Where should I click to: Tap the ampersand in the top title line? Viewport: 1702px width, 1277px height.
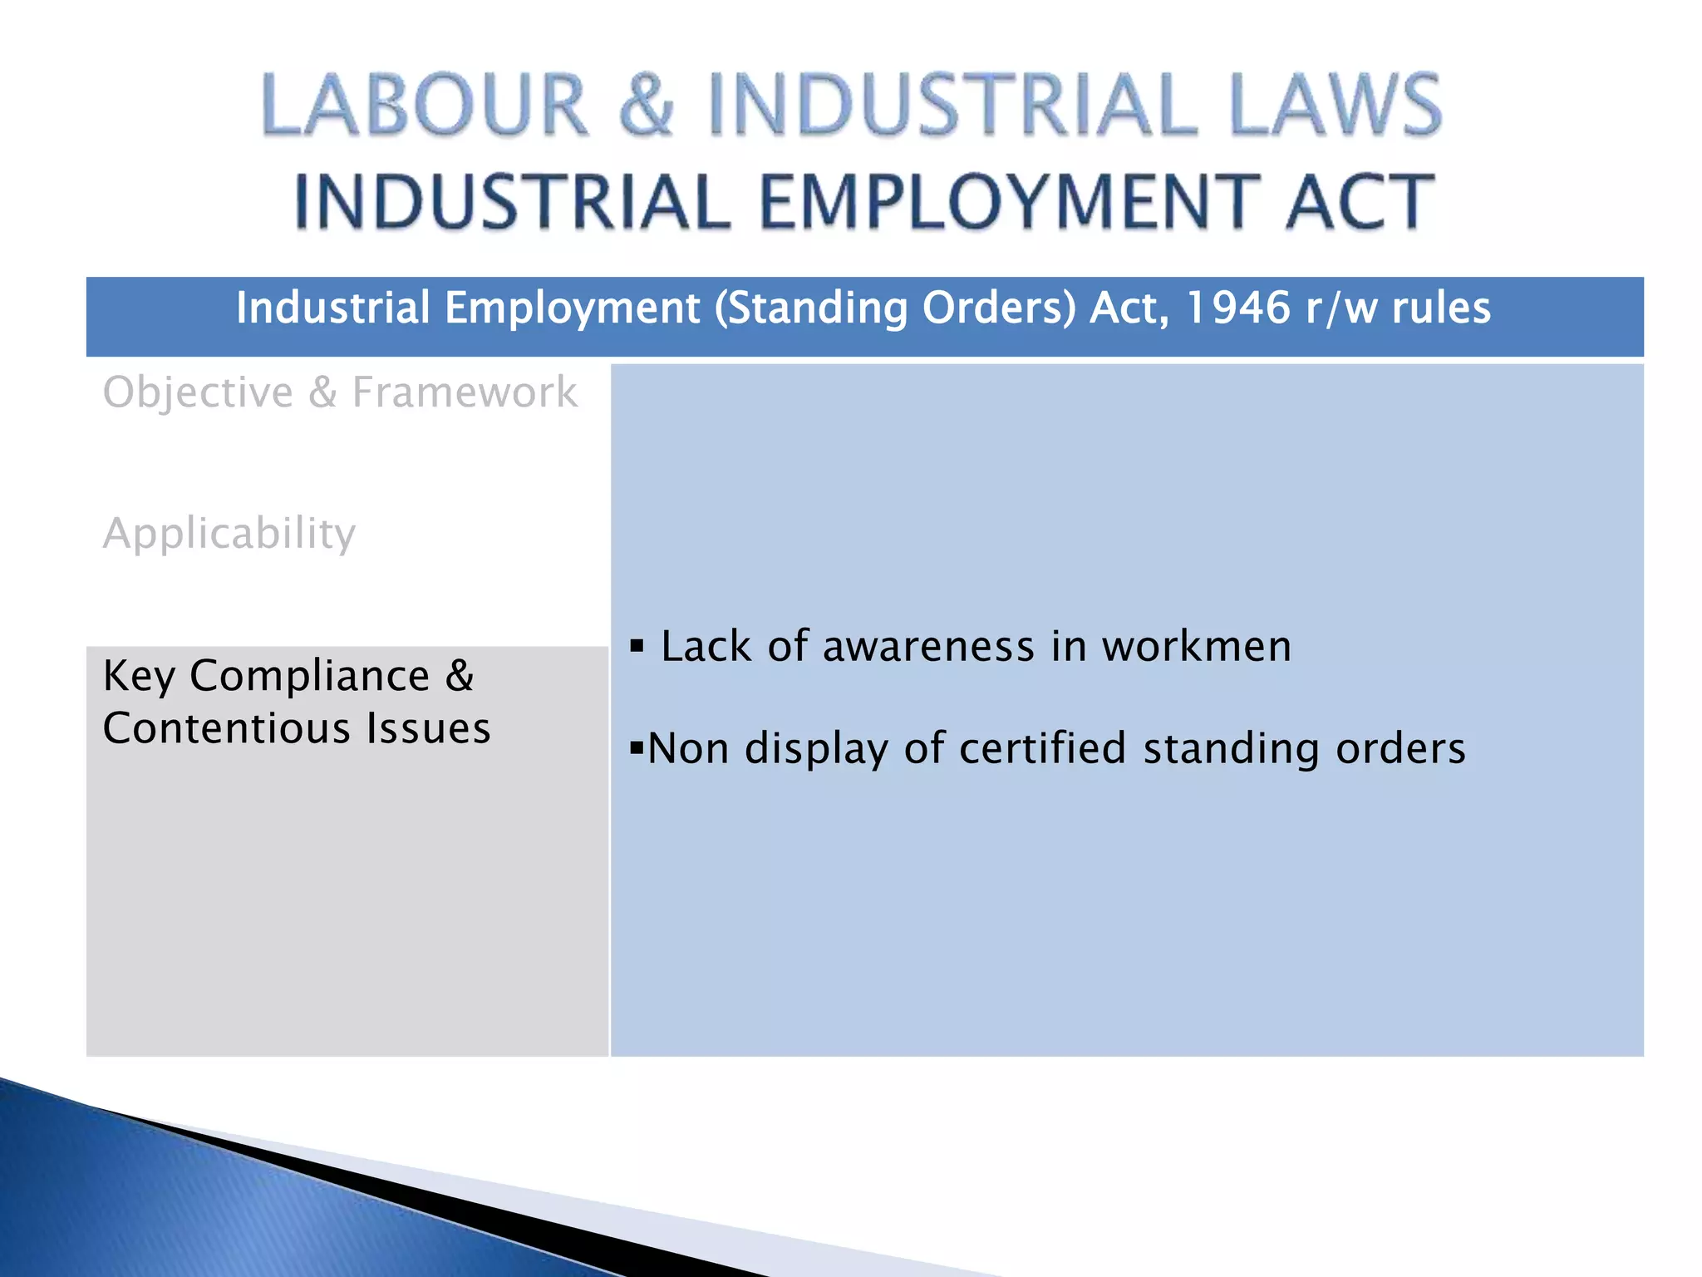coord(647,106)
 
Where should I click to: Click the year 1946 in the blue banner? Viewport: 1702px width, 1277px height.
coord(1237,308)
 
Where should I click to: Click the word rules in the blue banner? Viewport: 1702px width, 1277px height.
coord(1441,308)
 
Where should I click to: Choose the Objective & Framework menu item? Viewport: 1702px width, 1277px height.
coord(340,392)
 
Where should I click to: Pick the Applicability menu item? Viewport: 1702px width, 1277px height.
coord(229,533)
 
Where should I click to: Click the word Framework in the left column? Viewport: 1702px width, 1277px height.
coord(465,392)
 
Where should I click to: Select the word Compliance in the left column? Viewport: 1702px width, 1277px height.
coord(309,675)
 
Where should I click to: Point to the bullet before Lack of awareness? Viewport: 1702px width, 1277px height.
coord(637,646)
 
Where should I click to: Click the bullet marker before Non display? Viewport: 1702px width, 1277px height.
coord(637,748)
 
